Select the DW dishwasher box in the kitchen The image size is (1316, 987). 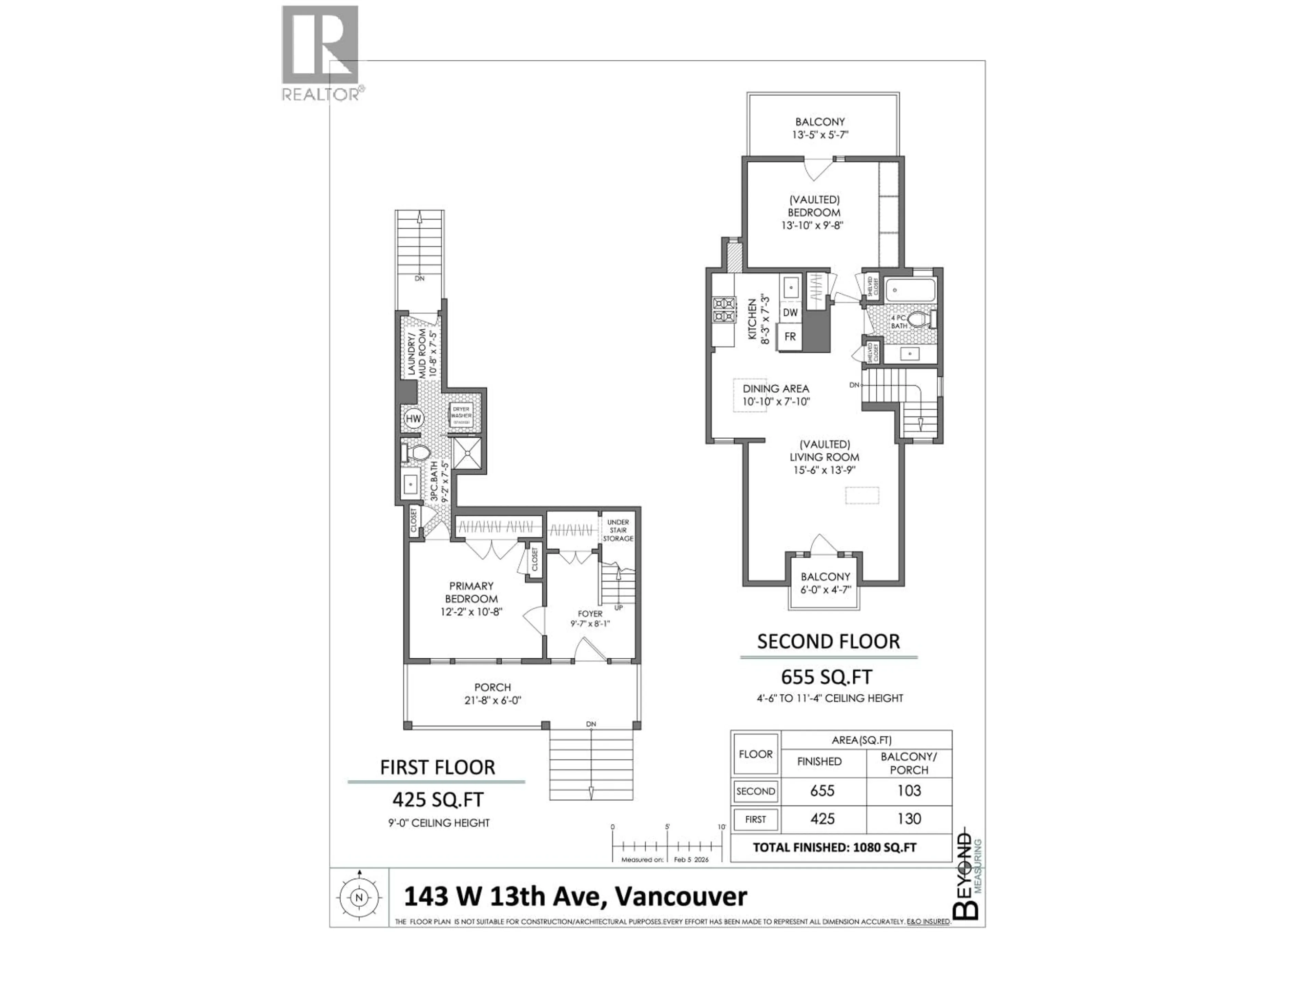coord(790,312)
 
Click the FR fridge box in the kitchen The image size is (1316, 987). coord(790,337)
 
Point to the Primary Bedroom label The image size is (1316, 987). coord(471,593)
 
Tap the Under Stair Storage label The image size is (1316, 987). coord(618,530)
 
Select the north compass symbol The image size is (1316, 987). coord(359,898)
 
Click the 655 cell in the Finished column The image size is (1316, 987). coord(822,791)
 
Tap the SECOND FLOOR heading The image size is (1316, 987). coord(828,641)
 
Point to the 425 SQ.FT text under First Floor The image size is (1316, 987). coord(438,799)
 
